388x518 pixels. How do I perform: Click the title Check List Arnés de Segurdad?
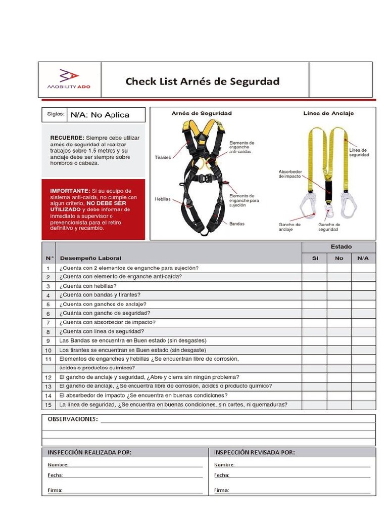(202, 81)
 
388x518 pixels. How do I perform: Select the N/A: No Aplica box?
(107, 115)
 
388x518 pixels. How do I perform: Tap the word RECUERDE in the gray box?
(67, 138)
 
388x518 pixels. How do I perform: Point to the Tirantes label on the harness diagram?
(163, 158)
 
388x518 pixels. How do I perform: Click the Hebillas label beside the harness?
(163, 199)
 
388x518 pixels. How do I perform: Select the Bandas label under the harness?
(237, 223)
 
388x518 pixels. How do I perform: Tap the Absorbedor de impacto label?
(290, 174)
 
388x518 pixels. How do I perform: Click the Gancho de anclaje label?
(289, 227)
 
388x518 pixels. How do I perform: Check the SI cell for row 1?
(315, 268)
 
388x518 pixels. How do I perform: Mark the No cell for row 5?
(339, 305)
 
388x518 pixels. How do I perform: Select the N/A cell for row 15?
(363, 405)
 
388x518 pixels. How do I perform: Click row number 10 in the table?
(48, 350)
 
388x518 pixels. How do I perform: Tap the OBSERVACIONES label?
(72, 419)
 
